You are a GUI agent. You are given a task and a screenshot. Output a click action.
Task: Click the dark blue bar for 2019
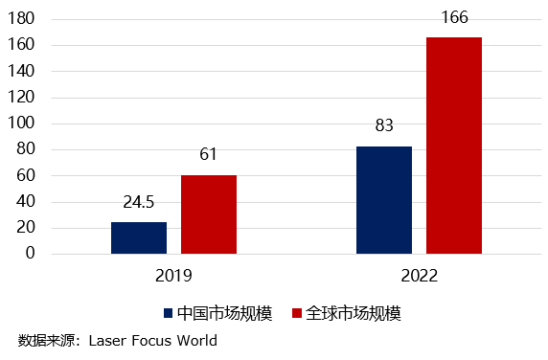[x=139, y=237]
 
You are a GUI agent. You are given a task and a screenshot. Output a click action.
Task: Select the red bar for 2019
[x=208, y=214]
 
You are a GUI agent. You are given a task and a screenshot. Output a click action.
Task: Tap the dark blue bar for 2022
[x=384, y=200]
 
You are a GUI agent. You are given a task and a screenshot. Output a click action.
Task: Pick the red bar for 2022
[x=453, y=146]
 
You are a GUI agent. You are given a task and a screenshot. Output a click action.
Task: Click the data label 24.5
[x=139, y=203]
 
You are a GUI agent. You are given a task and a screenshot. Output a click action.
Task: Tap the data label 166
[x=453, y=17]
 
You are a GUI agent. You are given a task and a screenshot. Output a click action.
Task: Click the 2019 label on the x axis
[x=173, y=276]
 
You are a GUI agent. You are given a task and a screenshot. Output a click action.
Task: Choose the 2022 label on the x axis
[x=419, y=276]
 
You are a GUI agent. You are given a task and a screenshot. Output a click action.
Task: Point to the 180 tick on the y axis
[x=22, y=19]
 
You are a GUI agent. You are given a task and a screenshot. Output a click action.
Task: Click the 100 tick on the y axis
[x=22, y=124]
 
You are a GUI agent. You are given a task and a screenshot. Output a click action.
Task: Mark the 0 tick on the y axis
[x=30, y=254]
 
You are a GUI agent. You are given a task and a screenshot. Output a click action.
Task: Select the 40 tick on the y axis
[x=26, y=202]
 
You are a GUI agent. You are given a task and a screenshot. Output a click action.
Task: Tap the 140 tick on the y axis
[x=22, y=72]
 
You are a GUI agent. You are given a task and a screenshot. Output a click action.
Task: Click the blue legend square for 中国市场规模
[x=169, y=313]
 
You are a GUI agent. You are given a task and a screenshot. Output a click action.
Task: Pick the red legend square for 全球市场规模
[x=297, y=313]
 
